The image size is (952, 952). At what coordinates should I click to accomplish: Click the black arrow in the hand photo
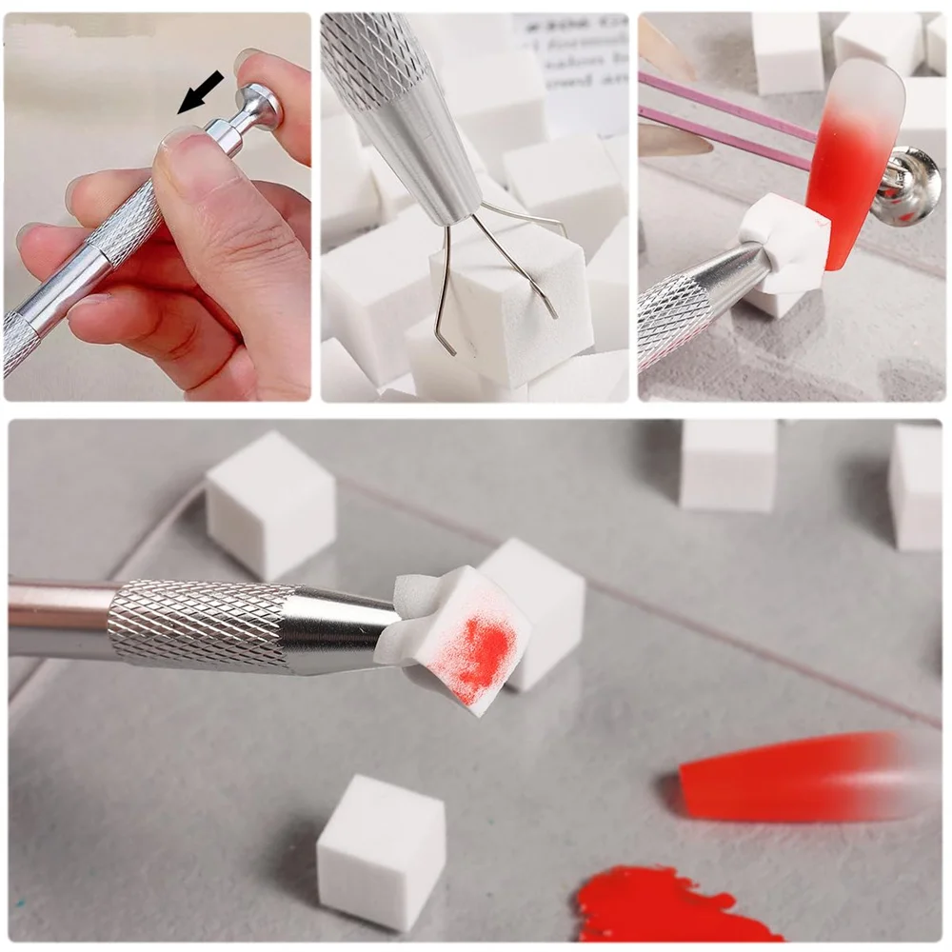tap(201, 91)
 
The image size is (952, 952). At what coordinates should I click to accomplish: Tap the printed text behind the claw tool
tap(571, 52)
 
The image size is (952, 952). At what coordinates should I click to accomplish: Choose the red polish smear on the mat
tap(666, 904)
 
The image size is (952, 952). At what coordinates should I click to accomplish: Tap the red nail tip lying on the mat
tap(800, 776)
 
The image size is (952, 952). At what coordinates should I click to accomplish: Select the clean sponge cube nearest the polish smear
tap(381, 850)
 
